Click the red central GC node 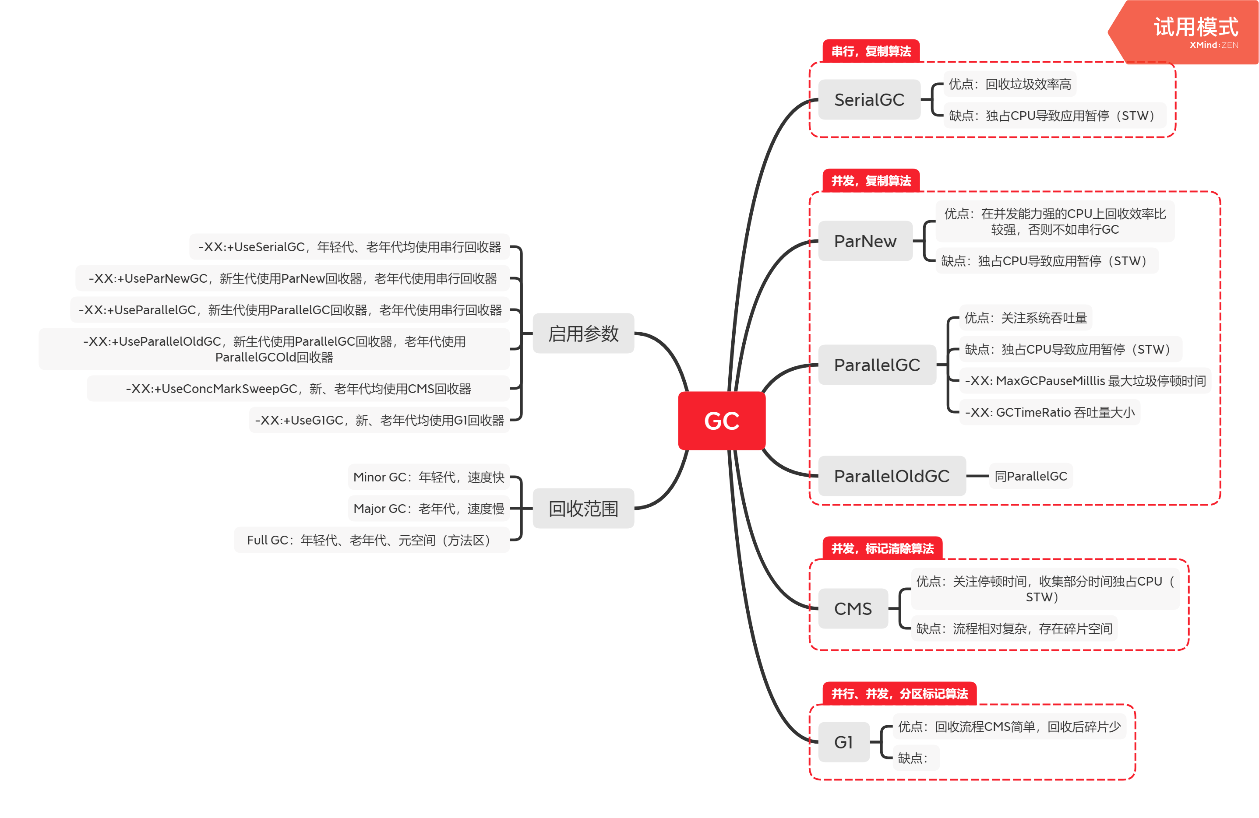722,421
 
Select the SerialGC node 869,99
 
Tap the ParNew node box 865,241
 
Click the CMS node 853,609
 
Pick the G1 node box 843,742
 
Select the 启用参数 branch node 583,334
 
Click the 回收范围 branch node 583,508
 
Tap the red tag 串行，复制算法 871,51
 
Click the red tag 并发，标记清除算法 882,548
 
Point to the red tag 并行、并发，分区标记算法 899,694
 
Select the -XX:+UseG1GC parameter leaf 379,420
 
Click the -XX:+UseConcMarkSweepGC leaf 298,389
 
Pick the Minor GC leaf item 428,477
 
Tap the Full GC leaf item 371,540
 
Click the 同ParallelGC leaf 1030,476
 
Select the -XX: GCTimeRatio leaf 1050,412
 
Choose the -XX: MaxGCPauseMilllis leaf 1085,381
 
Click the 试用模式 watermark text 1196,28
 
